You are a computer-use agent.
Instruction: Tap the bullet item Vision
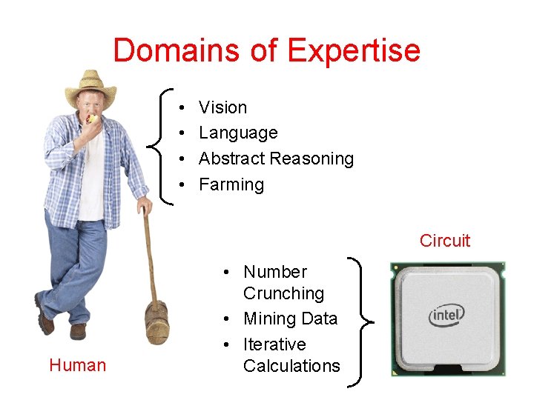coord(222,107)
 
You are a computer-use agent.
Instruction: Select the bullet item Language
coord(238,133)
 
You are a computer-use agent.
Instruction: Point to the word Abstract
coord(231,159)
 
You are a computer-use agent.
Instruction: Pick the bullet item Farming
coord(231,184)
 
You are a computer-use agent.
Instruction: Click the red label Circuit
coord(444,241)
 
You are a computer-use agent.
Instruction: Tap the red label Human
coord(77,365)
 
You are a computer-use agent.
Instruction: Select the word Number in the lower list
coord(274,272)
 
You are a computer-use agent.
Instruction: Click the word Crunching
coord(283,293)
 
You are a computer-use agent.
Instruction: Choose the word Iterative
coord(274,344)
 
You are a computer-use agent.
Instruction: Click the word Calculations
coord(291,366)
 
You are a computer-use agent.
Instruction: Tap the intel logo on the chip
coord(446,316)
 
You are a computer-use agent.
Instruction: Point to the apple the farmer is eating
coord(92,119)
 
